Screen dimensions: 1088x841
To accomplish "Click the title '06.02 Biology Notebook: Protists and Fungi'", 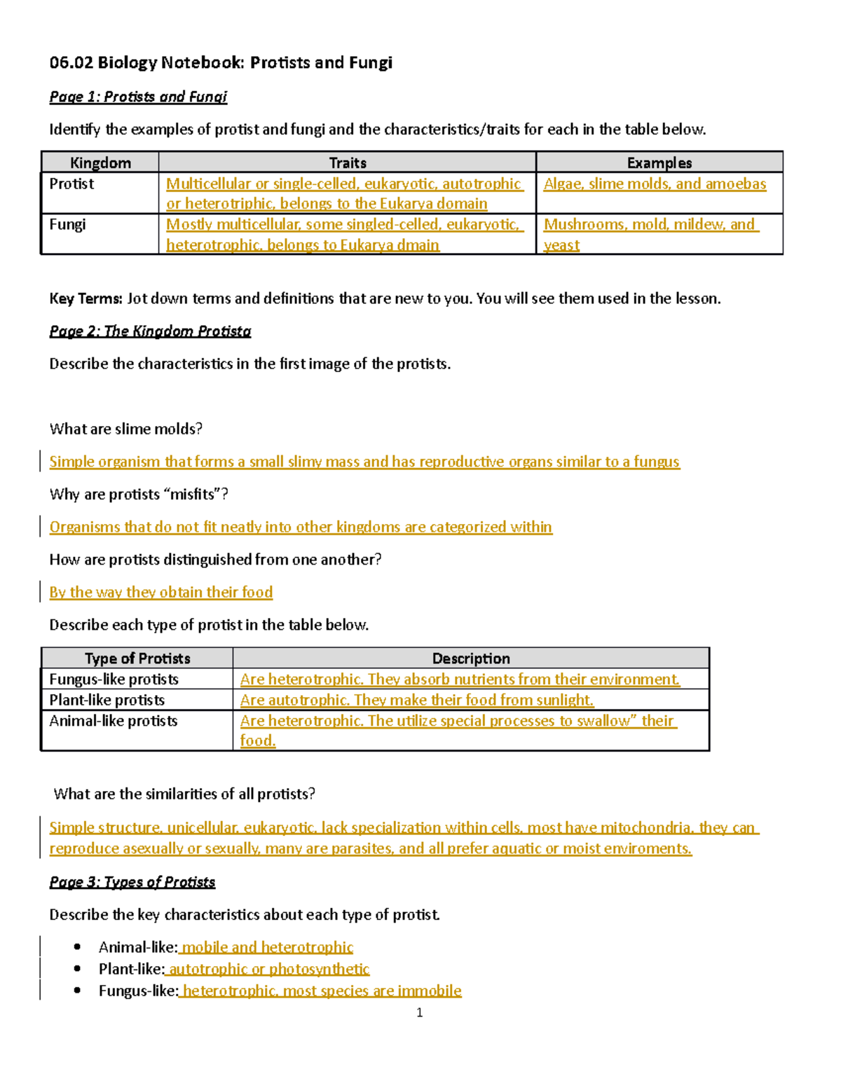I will (x=221, y=63).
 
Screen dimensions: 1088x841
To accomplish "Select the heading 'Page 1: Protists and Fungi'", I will (x=138, y=97).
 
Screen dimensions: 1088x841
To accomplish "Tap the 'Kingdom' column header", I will (x=100, y=163).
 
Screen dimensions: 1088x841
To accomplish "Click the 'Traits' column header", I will (x=348, y=163).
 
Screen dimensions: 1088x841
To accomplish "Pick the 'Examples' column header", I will (x=659, y=163).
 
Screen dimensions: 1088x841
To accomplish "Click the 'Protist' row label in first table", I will (x=71, y=184).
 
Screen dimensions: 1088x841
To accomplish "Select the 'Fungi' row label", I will (x=67, y=224).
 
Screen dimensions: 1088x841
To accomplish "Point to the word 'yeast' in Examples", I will (x=561, y=245).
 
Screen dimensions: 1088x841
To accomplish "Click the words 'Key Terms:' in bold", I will (x=86, y=298).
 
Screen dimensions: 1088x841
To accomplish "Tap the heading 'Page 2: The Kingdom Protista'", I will (x=150, y=331).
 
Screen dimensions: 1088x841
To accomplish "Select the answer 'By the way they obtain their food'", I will (x=160, y=592).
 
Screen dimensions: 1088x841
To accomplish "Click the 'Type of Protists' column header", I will (x=137, y=658).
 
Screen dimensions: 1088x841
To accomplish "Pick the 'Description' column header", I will (x=471, y=658).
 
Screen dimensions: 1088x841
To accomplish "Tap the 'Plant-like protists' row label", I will (x=107, y=700).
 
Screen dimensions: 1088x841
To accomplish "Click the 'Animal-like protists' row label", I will (x=114, y=721).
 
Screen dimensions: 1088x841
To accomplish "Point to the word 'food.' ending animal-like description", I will (x=257, y=741).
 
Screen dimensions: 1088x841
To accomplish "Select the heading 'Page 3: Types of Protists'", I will (x=132, y=881).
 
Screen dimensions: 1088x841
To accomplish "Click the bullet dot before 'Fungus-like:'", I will (x=77, y=991).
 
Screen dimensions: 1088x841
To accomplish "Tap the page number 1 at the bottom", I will (x=419, y=1012).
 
